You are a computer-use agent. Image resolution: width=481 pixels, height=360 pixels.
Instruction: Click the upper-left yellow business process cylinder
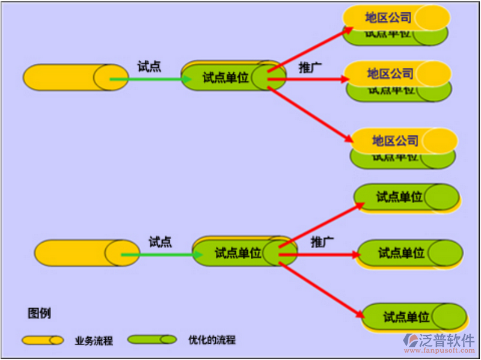click(x=66, y=78)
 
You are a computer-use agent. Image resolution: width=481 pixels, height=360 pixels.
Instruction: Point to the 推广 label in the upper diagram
click(x=310, y=67)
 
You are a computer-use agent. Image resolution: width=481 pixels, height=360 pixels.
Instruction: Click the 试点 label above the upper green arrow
click(x=149, y=67)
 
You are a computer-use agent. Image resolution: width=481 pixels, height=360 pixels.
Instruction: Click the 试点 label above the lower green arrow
click(x=160, y=242)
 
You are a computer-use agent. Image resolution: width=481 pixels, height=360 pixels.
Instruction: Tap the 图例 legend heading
click(x=39, y=313)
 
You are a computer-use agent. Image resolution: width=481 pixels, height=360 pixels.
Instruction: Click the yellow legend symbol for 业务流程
click(x=43, y=340)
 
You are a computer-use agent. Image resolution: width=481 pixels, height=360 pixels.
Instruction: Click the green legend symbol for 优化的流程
click(x=152, y=340)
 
